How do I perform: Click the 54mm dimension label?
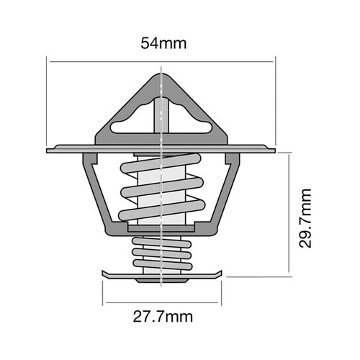click(163, 43)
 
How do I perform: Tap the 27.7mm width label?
click(163, 315)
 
